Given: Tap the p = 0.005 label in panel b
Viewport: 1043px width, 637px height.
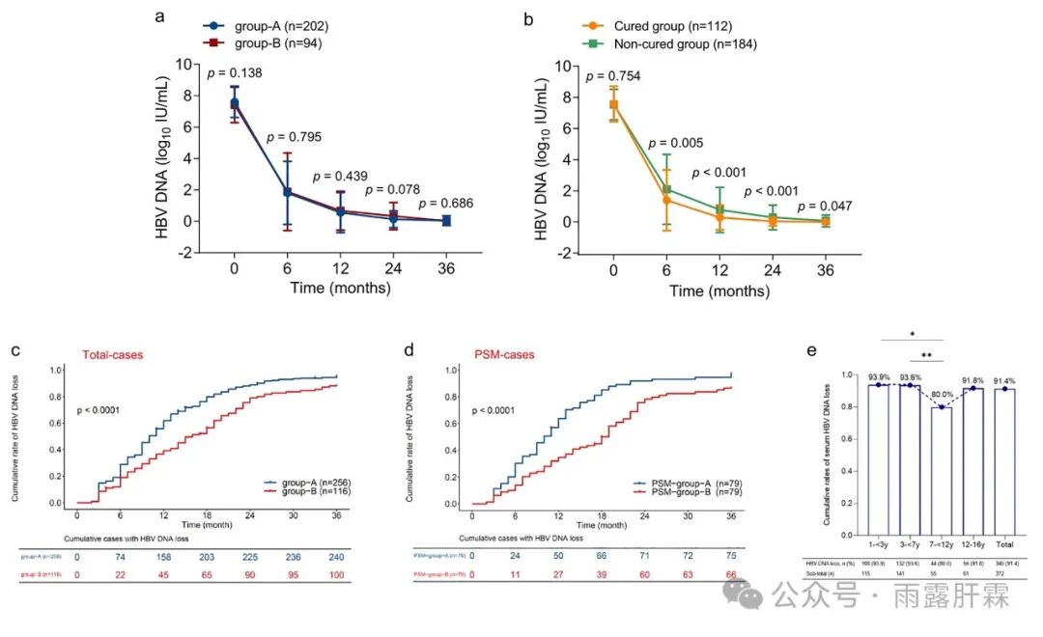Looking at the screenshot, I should click(677, 143).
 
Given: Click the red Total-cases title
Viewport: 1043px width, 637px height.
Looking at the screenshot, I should click(109, 355).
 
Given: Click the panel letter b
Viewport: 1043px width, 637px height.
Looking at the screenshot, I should click(527, 18).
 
